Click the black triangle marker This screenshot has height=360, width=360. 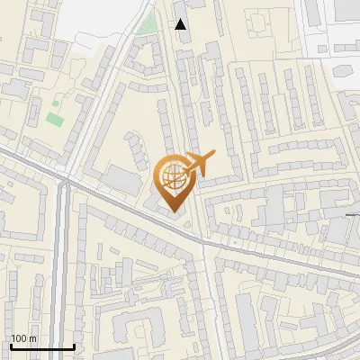[181, 24]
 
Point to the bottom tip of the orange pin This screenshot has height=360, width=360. [172, 211]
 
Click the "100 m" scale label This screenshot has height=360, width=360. [23, 338]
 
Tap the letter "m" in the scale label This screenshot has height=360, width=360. [32, 338]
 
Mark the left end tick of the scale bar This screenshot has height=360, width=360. [11, 346]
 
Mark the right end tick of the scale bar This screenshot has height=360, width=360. [74, 346]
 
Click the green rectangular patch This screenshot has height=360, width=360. [56, 118]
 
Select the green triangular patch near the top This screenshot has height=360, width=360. [147, 22]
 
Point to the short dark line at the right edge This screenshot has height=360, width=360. [353, 215]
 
